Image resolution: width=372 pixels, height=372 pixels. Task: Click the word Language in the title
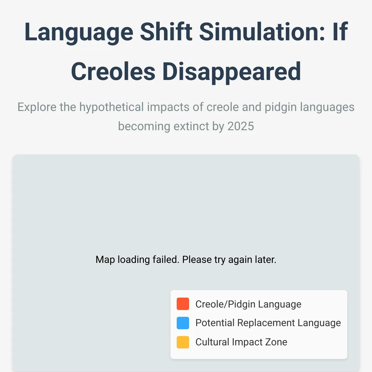click(x=79, y=33)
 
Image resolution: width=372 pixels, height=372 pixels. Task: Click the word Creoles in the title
click(x=113, y=71)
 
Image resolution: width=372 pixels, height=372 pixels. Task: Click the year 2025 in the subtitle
click(x=241, y=126)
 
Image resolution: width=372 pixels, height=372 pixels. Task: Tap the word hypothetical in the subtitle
click(x=111, y=107)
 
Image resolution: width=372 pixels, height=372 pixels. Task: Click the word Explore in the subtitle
click(x=37, y=107)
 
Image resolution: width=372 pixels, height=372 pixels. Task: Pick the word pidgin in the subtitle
click(x=281, y=107)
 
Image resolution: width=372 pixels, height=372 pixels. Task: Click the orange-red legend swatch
click(x=183, y=304)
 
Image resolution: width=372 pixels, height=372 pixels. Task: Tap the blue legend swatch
click(x=183, y=323)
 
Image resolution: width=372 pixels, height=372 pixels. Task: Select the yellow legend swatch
click(x=183, y=342)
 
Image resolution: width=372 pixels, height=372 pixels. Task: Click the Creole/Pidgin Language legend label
click(x=248, y=304)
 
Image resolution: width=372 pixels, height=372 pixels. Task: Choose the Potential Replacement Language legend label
click(x=268, y=323)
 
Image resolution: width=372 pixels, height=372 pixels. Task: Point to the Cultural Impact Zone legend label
click(x=241, y=342)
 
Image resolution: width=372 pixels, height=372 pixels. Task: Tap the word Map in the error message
click(x=105, y=260)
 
